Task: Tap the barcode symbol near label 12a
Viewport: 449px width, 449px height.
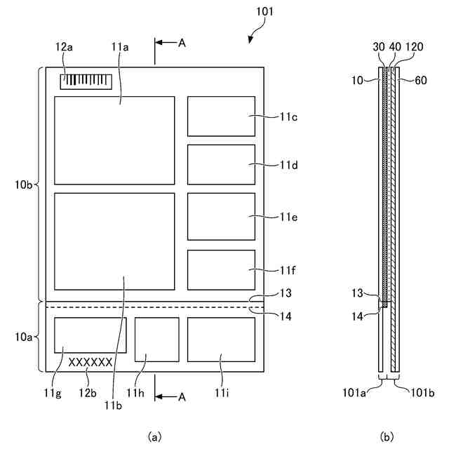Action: tap(86, 80)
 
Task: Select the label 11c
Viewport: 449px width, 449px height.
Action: tap(289, 116)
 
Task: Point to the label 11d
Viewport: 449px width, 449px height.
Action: tap(289, 165)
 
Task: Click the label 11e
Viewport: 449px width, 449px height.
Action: tap(289, 217)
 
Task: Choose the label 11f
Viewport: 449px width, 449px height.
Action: tap(289, 269)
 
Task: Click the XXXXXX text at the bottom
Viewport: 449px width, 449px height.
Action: tap(91, 362)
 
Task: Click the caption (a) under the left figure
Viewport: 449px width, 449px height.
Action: tap(154, 436)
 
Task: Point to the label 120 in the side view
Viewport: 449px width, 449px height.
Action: tap(415, 47)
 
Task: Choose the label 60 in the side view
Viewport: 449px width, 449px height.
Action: tap(420, 81)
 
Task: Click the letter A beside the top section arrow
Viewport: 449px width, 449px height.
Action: tap(182, 43)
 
